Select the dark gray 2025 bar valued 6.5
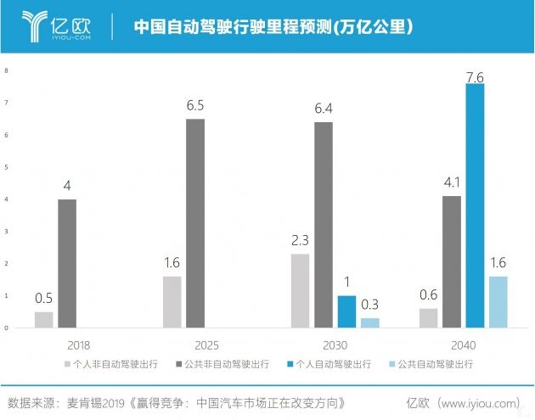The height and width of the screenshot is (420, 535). tap(195, 223)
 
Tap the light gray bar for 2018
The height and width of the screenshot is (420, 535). tap(43, 319)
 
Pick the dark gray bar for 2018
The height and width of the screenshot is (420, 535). tap(67, 263)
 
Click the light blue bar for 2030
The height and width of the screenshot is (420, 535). tap(369, 322)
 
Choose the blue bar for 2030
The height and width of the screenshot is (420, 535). tap(346, 311)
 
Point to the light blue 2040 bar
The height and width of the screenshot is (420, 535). tap(498, 301)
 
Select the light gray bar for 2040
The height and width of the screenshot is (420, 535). tap(428, 317)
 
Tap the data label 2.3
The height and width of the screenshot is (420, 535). tap(300, 240)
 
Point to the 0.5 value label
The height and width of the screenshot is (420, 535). tap(43, 298)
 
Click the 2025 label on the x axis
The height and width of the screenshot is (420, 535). tap(183, 345)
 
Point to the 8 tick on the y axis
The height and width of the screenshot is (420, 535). tap(6, 70)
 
